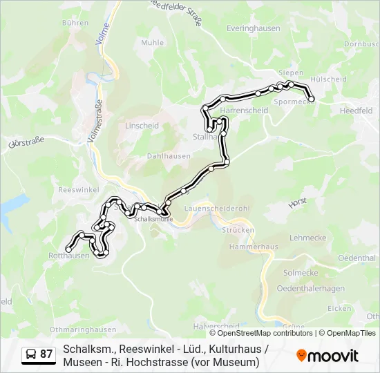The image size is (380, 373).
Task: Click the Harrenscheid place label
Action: pos(244,111)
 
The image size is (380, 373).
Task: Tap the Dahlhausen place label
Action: pos(169,156)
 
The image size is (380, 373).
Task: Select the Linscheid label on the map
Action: pos(142,126)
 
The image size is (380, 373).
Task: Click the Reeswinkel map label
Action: pos(79,189)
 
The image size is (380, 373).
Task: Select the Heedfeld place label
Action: pos(357,111)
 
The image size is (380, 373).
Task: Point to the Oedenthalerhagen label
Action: pos(310,288)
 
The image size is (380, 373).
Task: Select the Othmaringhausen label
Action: pos(83,329)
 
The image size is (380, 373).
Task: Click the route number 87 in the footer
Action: pos(46,354)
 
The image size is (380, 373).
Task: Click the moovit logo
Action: pos(327,355)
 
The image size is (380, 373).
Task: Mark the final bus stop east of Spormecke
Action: pos(311,99)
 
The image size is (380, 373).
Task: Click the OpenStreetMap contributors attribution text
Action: pos(260,333)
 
